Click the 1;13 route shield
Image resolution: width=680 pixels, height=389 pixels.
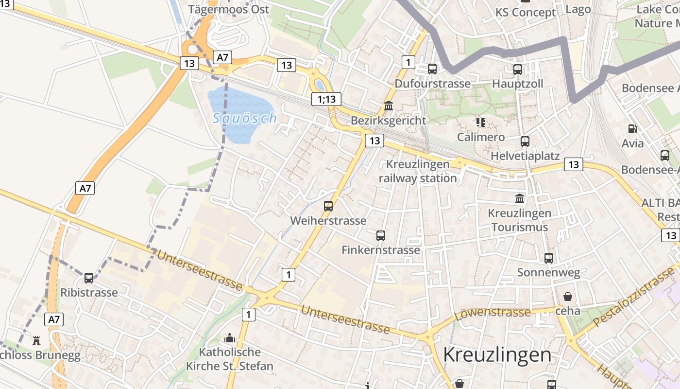326,100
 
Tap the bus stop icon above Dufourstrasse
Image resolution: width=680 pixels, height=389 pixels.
432,69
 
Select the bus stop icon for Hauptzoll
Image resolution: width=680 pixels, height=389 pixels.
518,70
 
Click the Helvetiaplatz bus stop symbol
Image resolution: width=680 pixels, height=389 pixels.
525,141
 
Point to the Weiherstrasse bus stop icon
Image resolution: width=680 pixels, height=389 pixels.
328,206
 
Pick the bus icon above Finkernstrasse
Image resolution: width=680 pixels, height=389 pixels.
381,236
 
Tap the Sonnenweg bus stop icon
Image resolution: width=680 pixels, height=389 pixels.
549,258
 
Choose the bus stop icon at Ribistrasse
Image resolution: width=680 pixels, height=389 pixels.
89,278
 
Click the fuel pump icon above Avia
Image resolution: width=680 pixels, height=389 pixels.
632,129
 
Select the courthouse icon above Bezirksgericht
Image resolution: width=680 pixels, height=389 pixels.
389,106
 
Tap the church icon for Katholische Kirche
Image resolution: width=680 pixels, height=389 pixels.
230,338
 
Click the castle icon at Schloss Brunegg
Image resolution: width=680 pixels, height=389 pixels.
36,341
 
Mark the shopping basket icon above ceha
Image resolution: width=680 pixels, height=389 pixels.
567,297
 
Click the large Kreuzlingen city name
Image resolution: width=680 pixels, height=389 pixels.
497,355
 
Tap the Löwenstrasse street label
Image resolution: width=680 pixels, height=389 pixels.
493,313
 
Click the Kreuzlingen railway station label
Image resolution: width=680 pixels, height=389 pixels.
418,171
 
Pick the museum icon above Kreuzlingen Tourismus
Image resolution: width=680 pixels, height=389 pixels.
520,198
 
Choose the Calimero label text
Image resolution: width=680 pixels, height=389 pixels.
481,137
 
